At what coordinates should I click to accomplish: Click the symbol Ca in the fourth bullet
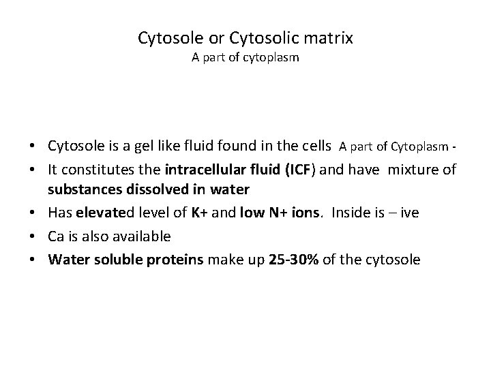click(55, 236)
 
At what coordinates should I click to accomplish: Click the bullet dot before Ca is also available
click(38, 236)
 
